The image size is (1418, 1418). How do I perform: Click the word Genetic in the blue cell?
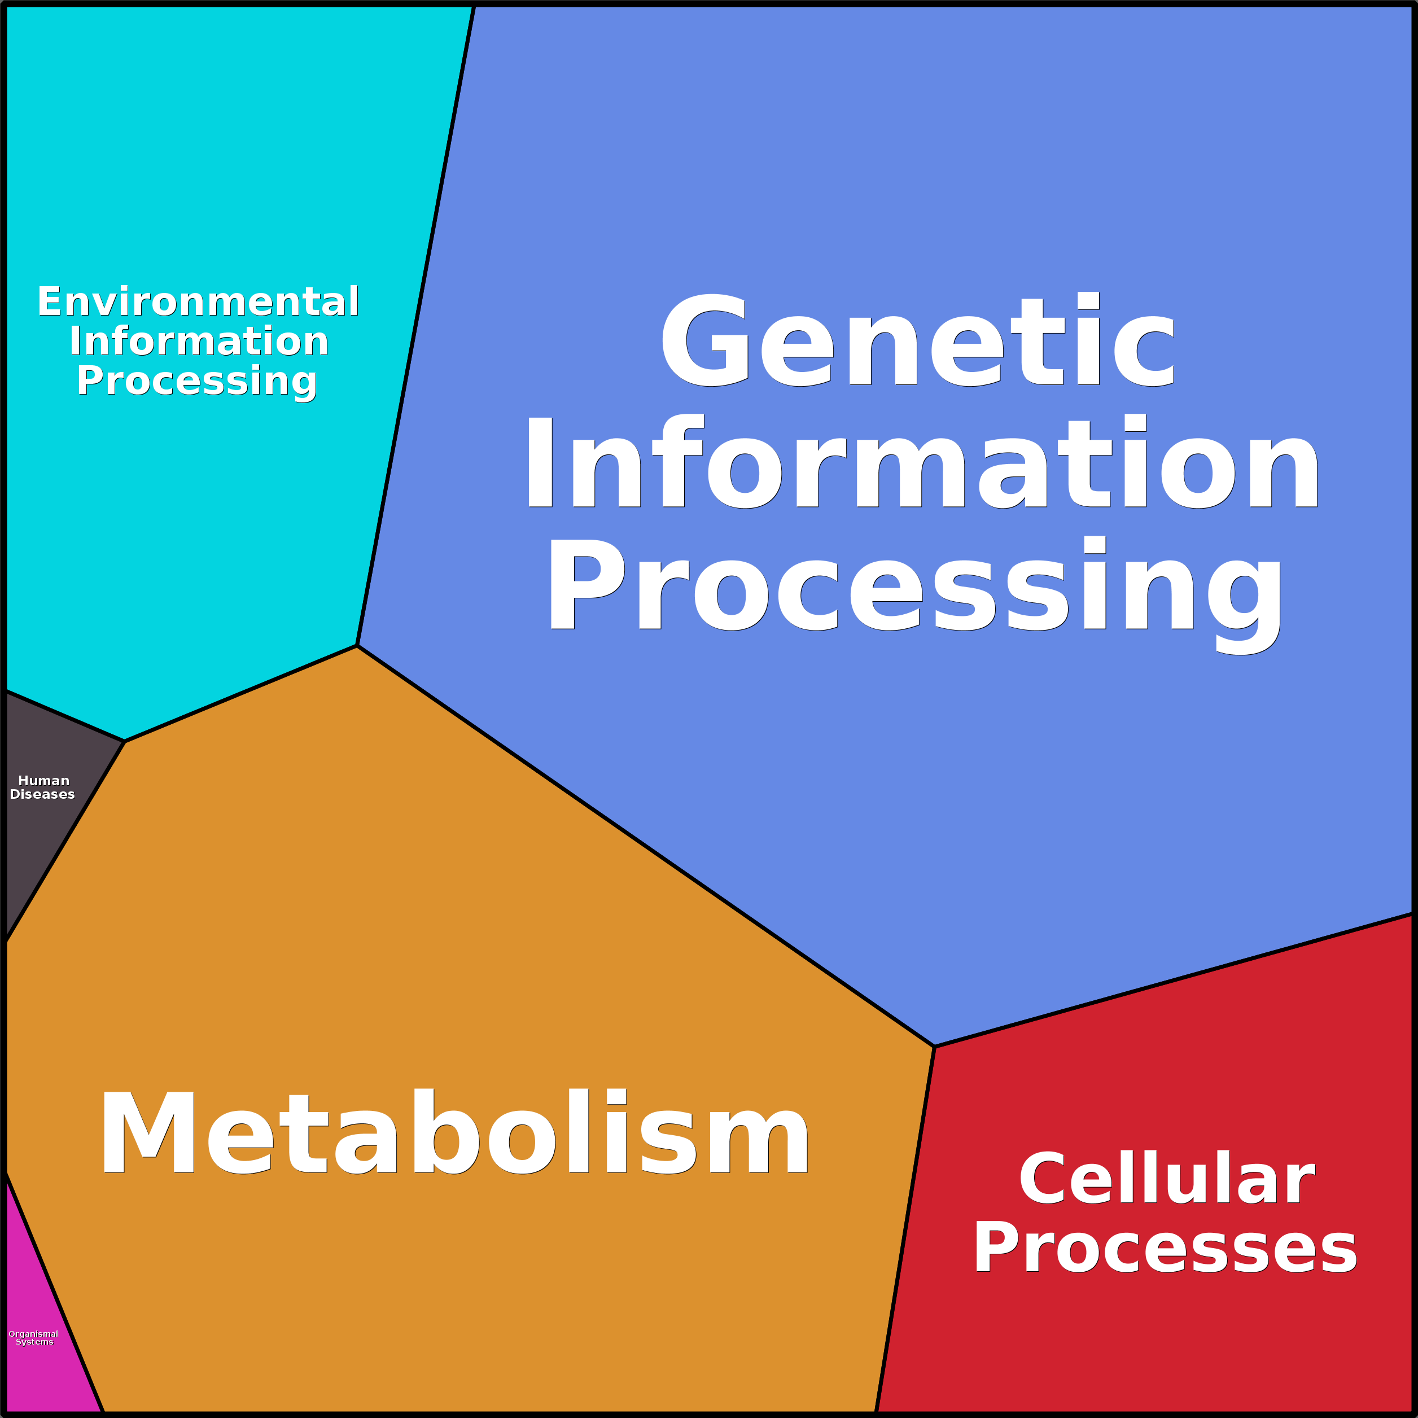(x=917, y=340)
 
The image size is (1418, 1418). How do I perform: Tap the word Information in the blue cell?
(x=922, y=462)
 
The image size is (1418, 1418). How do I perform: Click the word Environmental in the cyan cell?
(x=198, y=301)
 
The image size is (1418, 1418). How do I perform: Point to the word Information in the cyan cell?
(x=198, y=342)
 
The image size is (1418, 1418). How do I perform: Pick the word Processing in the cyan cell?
(x=196, y=381)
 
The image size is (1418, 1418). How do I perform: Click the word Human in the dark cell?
(x=43, y=781)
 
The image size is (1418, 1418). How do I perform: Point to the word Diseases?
(x=42, y=794)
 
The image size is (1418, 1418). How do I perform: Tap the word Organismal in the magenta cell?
(x=33, y=1333)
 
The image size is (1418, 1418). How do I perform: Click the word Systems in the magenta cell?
(x=34, y=1342)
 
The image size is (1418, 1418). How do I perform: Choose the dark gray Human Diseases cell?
(x=44, y=829)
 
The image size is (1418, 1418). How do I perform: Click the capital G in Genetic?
(x=704, y=340)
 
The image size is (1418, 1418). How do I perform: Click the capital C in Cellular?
(x=1042, y=1179)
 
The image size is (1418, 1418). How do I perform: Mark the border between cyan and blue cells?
(x=415, y=327)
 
